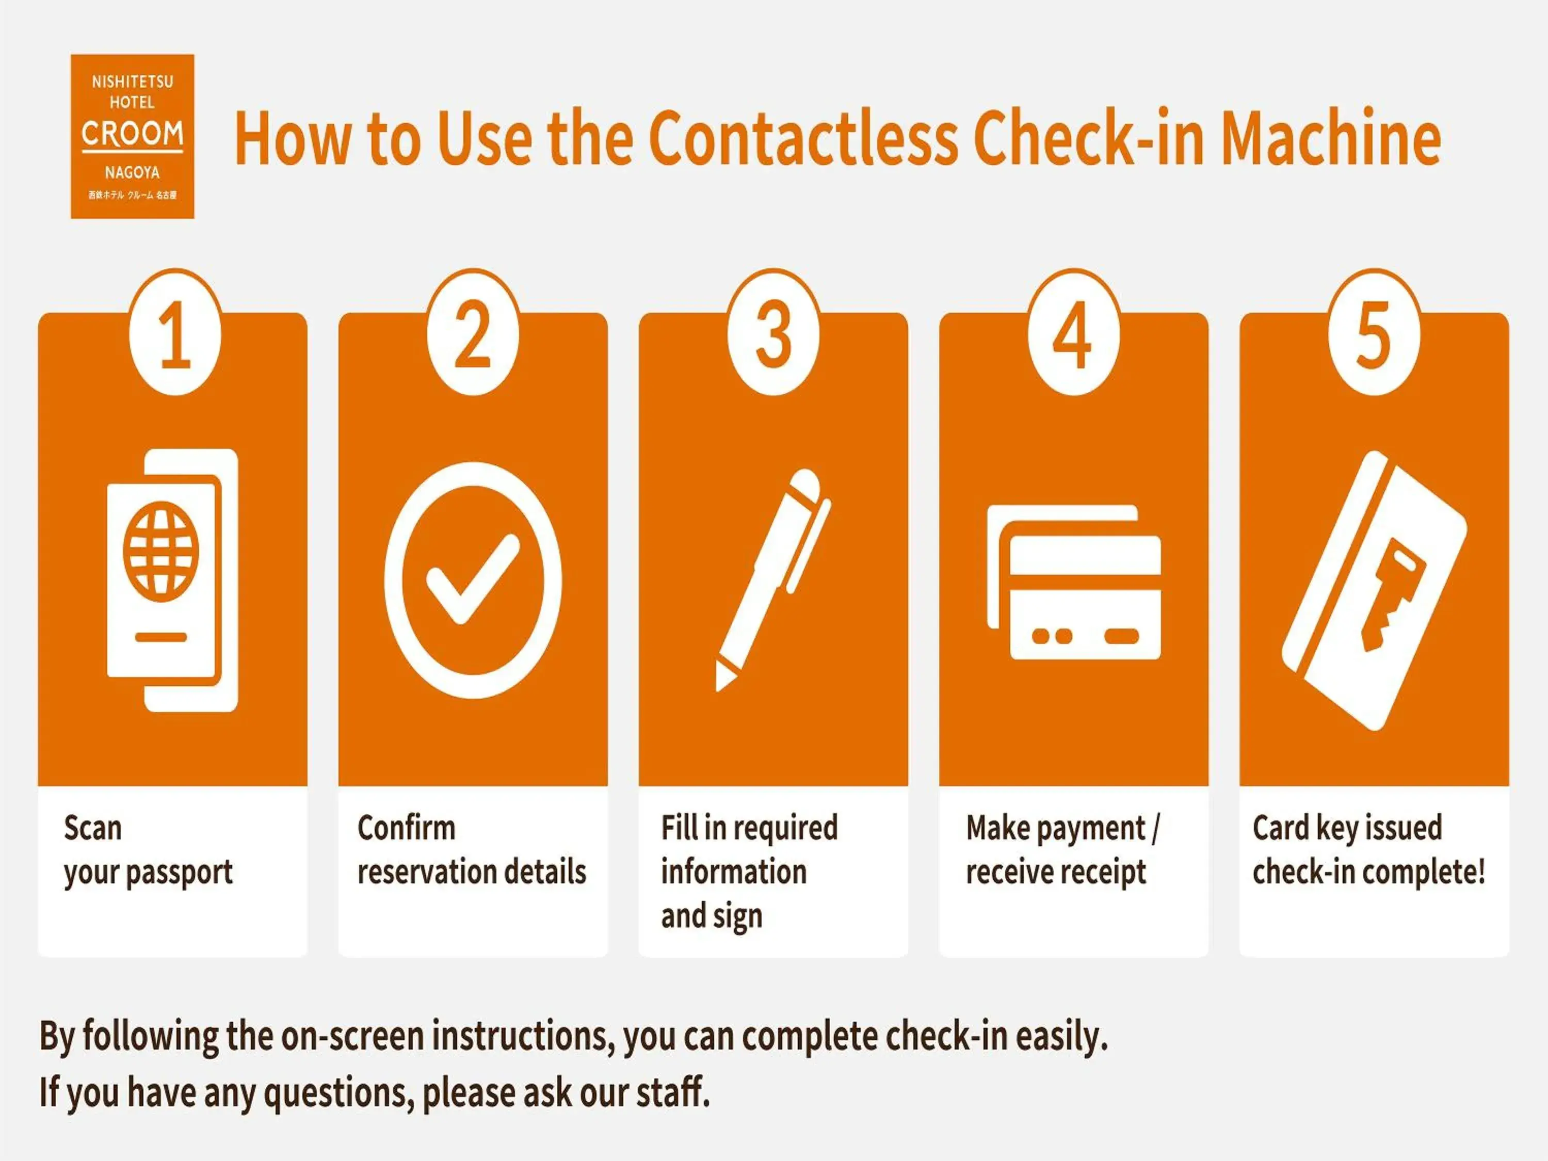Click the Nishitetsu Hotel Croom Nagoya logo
click(x=132, y=136)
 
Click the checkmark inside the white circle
click(x=473, y=579)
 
